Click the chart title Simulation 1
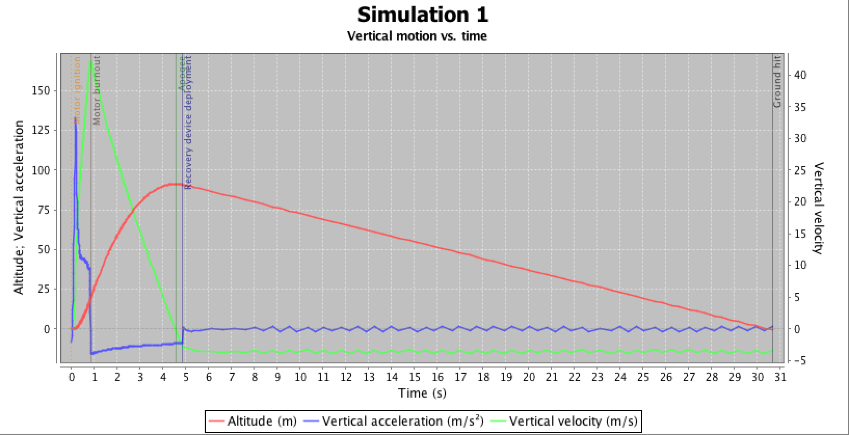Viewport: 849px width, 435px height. point(422,15)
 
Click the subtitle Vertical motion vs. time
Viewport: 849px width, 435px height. point(417,36)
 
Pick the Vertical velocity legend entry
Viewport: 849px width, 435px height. point(573,420)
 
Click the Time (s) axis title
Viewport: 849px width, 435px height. point(422,393)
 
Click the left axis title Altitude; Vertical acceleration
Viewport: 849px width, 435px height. point(19,208)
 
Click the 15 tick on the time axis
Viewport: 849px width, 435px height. point(415,377)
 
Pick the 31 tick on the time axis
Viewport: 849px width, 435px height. point(780,377)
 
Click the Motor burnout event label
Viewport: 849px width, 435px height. point(97,91)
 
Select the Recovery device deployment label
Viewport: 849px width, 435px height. point(188,122)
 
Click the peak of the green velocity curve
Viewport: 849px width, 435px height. point(91,62)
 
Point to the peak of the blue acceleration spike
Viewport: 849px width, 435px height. point(76,119)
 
